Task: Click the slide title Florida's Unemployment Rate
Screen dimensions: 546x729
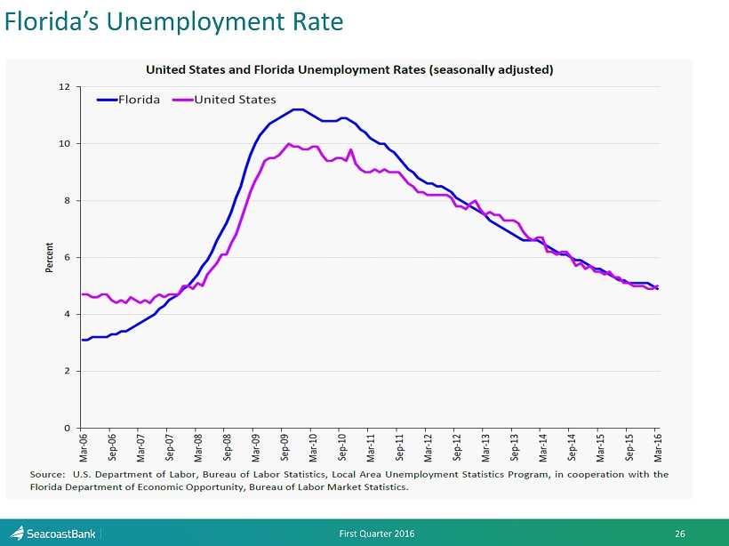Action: (174, 22)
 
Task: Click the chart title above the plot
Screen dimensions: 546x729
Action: (349, 69)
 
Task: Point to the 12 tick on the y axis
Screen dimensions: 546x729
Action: (64, 87)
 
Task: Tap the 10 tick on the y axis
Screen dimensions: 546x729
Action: (64, 144)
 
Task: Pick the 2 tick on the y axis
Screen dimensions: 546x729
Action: (66, 371)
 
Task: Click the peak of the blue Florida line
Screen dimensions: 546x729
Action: (297, 109)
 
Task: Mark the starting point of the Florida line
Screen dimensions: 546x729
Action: (83, 340)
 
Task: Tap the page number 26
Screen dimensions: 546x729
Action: (680, 534)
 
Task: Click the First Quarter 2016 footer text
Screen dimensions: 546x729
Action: (376, 534)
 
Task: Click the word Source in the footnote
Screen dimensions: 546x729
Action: (46, 475)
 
